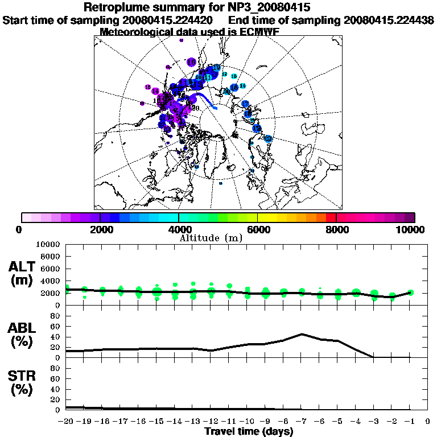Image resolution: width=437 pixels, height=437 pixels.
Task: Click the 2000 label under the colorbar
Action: [x=100, y=230]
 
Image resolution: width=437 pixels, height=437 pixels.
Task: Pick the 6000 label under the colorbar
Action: [x=257, y=230]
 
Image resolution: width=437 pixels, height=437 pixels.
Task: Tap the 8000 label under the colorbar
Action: [x=336, y=230]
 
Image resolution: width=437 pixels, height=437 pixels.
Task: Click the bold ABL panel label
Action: [x=23, y=328]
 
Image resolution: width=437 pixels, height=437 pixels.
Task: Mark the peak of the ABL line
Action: [x=302, y=334]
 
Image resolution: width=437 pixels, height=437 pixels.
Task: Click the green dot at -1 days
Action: [x=410, y=292]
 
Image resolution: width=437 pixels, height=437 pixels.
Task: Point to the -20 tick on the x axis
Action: [x=67, y=422]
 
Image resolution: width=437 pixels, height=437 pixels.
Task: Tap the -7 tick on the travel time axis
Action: [x=302, y=422]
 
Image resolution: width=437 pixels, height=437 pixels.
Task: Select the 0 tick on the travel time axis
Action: [x=428, y=422]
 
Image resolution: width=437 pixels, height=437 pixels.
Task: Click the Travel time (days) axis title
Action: [x=249, y=431]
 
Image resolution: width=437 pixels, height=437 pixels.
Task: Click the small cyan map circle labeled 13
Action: [x=233, y=76]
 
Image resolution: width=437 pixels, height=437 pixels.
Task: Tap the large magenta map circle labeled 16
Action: [x=191, y=62]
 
